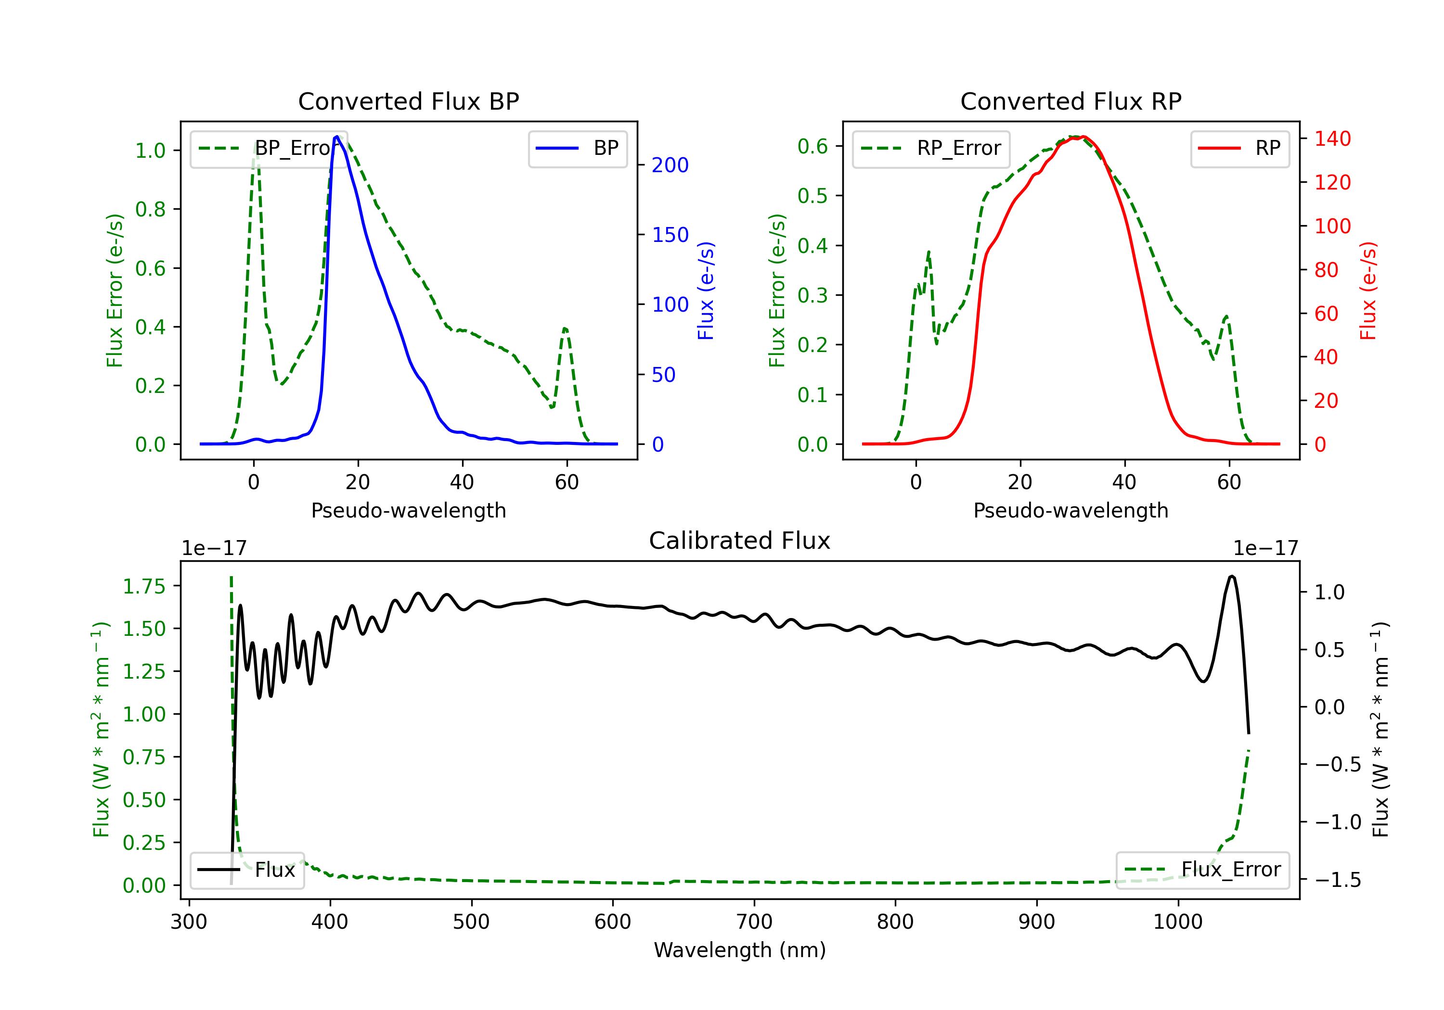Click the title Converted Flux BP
click(408, 101)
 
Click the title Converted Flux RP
click(1070, 101)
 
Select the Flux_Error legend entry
click(1202, 870)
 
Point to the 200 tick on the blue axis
click(670, 165)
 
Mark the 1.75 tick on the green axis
click(144, 586)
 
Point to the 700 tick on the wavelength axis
click(754, 922)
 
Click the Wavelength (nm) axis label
click(740, 950)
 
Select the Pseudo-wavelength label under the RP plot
click(1070, 510)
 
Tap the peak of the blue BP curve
click(337, 137)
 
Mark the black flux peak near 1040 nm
click(1231, 576)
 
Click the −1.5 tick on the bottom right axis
click(1337, 880)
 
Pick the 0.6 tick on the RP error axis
click(812, 146)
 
